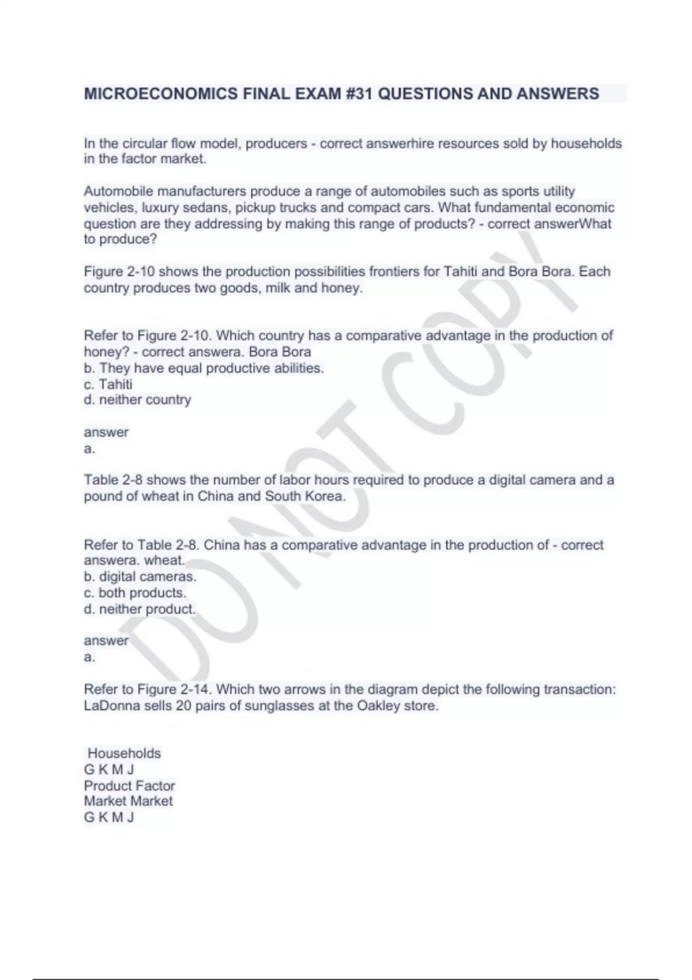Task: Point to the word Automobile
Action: (118, 191)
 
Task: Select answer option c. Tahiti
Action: (108, 384)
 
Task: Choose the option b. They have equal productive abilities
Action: (204, 368)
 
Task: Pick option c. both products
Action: (136, 593)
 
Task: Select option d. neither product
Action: (140, 609)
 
